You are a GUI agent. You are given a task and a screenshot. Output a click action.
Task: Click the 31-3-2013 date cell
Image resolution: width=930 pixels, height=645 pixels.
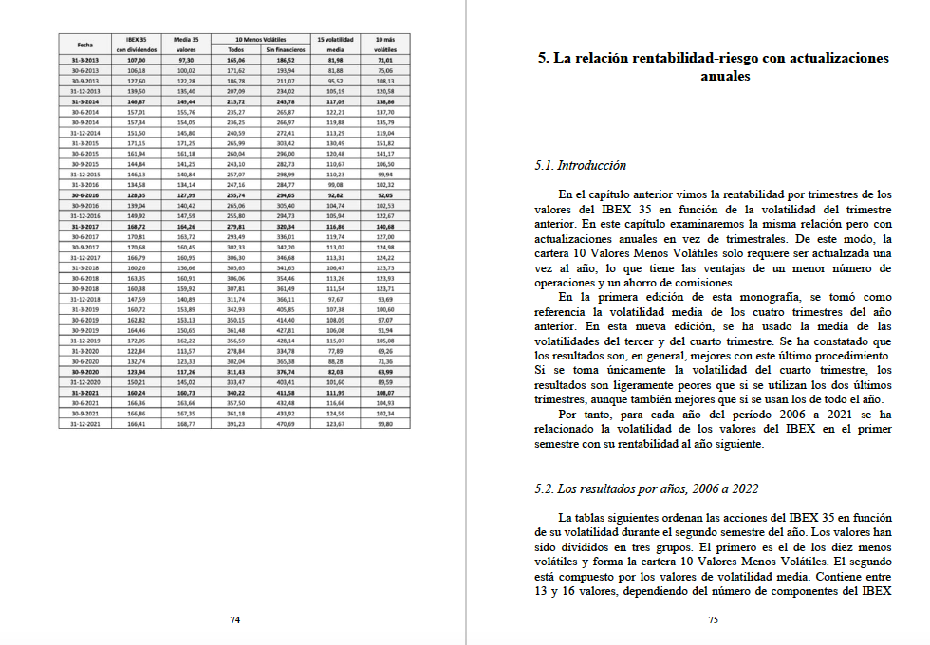pyautogui.click(x=85, y=59)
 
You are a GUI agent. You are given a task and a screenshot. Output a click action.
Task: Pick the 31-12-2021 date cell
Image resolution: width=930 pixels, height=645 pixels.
pyautogui.click(x=85, y=423)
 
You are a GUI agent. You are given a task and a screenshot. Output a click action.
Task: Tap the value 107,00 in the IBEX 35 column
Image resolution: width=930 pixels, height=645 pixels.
pyautogui.click(x=135, y=59)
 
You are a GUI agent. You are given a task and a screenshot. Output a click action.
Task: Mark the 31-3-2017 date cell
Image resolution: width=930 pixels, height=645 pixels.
pyautogui.click(x=85, y=227)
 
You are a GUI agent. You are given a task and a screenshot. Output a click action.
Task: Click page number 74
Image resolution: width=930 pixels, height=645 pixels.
pyautogui.click(x=234, y=619)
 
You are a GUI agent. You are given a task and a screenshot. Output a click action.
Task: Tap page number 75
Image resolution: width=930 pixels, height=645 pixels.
pyautogui.click(x=714, y=619)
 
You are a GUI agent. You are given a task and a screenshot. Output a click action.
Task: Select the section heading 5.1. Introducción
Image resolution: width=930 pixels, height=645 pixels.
pyautogui.click(x=580, y=165)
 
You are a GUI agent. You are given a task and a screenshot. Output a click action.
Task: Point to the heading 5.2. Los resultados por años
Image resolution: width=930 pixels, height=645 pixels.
pyautogui.click(x=646, y=488)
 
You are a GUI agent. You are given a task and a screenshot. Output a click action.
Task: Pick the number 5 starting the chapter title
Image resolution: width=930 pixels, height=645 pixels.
pyautogui.click(x=542, y=58)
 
